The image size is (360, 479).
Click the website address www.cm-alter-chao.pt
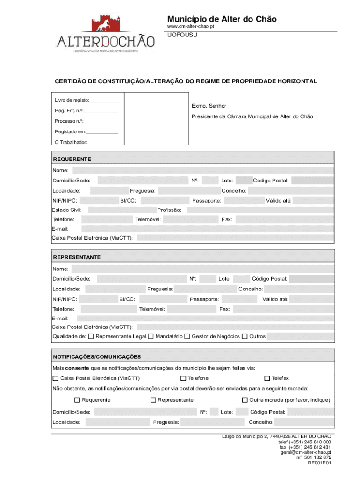pos(191,27)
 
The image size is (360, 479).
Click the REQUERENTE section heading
pos(72,159)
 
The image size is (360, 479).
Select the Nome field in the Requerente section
pos(203,170)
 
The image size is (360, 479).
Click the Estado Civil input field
pos(121,210)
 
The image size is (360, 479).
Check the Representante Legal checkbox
pos(91,336)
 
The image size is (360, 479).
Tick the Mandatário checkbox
pos(151,336)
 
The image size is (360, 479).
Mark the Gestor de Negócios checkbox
pos(187,336)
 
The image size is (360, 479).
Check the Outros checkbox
pos(245,336)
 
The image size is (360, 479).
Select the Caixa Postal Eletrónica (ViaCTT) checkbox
pos(56,378)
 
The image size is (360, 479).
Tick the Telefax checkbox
pos(267,378)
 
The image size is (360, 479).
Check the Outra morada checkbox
pos(245,400)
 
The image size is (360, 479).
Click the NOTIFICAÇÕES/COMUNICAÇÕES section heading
pos(97,356)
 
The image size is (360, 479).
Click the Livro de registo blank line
pos(104,101)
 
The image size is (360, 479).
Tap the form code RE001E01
pos(319,463)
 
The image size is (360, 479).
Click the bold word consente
pos(77,368)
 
